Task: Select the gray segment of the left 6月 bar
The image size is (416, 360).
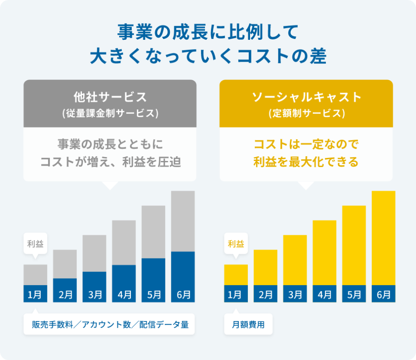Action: pos(183,221)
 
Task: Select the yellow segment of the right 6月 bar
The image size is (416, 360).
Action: pos(383,238)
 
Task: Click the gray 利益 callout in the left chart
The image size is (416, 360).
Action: pos(35,244)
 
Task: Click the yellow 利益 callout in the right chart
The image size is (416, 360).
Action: pos(236,244)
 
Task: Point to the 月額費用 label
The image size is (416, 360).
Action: pos(248,325)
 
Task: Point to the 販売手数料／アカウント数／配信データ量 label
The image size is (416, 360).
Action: pos(109,325)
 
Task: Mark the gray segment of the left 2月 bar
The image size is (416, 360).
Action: pos(65,264)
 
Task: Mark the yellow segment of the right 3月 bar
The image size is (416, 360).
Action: pos(295,260)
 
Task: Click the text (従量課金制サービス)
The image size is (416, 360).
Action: pos(109,113)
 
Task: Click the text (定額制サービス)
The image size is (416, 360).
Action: pos(306,113)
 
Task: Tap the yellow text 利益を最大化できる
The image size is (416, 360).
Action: pos(306,162)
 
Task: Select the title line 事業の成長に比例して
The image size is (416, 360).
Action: pos(208,33)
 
